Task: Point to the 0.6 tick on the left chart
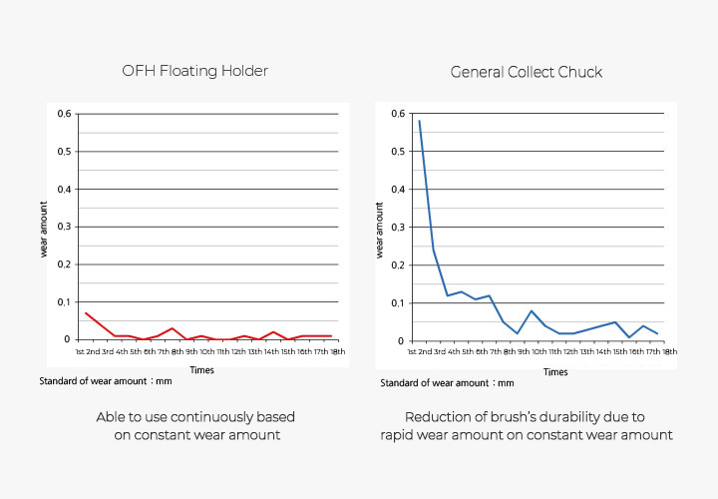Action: pos(65,114)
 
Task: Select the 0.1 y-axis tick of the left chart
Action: pos(65,301)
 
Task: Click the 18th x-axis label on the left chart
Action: pos(338,351)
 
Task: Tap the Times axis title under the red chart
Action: pos(201,369)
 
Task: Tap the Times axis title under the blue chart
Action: pos(555,371)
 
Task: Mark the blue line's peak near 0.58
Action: pos(420,122)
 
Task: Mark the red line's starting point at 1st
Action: pos(86,313)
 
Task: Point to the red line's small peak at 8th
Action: pos(173,328)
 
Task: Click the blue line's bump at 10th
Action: pos(532,310)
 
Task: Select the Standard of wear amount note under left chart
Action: pos(108,381)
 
